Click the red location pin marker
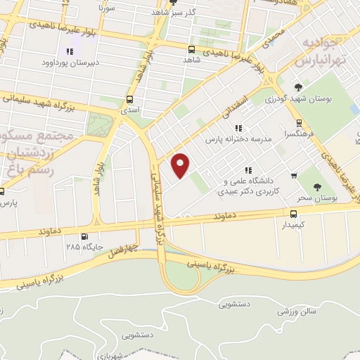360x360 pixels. click(181, 165)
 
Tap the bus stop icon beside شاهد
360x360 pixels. click(191, 49)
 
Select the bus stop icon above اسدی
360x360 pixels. click(130, 100)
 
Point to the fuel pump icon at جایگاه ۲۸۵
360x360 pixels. click(85, 236)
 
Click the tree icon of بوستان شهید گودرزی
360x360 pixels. click(298, 87)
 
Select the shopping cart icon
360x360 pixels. click(293, 176)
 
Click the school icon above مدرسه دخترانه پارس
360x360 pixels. click(239, 128)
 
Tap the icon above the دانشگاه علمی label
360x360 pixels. click(247, 170)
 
